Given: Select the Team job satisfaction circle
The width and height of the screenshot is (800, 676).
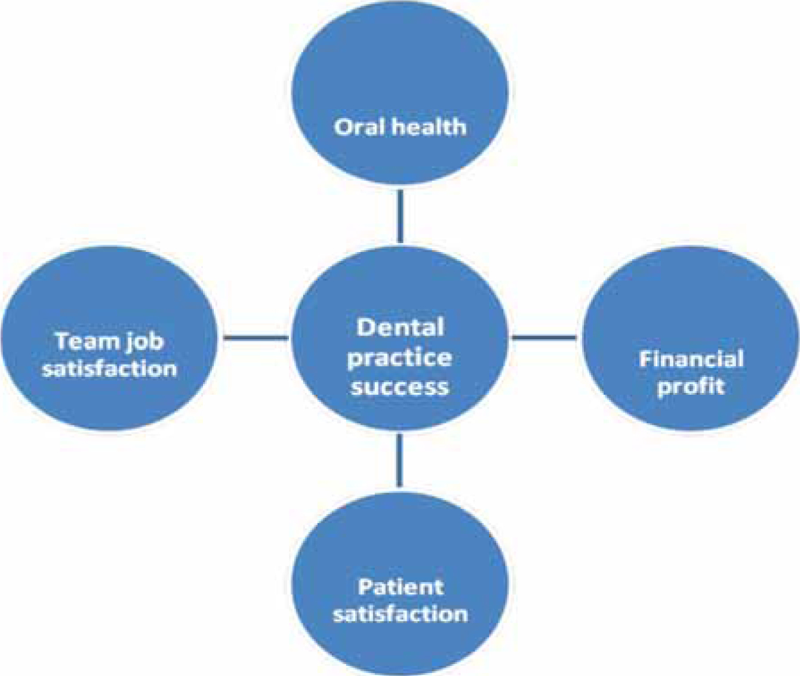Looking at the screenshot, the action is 110,338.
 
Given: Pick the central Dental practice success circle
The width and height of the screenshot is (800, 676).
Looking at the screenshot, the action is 400,338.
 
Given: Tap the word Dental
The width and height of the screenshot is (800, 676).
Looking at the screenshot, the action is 400,327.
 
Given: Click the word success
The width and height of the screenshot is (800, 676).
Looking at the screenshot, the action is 400,387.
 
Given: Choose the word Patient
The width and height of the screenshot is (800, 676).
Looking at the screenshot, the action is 401,587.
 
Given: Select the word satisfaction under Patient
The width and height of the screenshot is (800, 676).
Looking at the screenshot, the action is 401,614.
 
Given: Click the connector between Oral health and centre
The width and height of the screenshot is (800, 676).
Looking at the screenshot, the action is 400,216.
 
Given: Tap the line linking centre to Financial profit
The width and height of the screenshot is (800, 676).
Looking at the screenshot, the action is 544,337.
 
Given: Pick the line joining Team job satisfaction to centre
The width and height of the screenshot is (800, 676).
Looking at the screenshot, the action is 256,337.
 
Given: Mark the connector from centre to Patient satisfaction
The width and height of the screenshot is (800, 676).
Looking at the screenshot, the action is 399,460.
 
